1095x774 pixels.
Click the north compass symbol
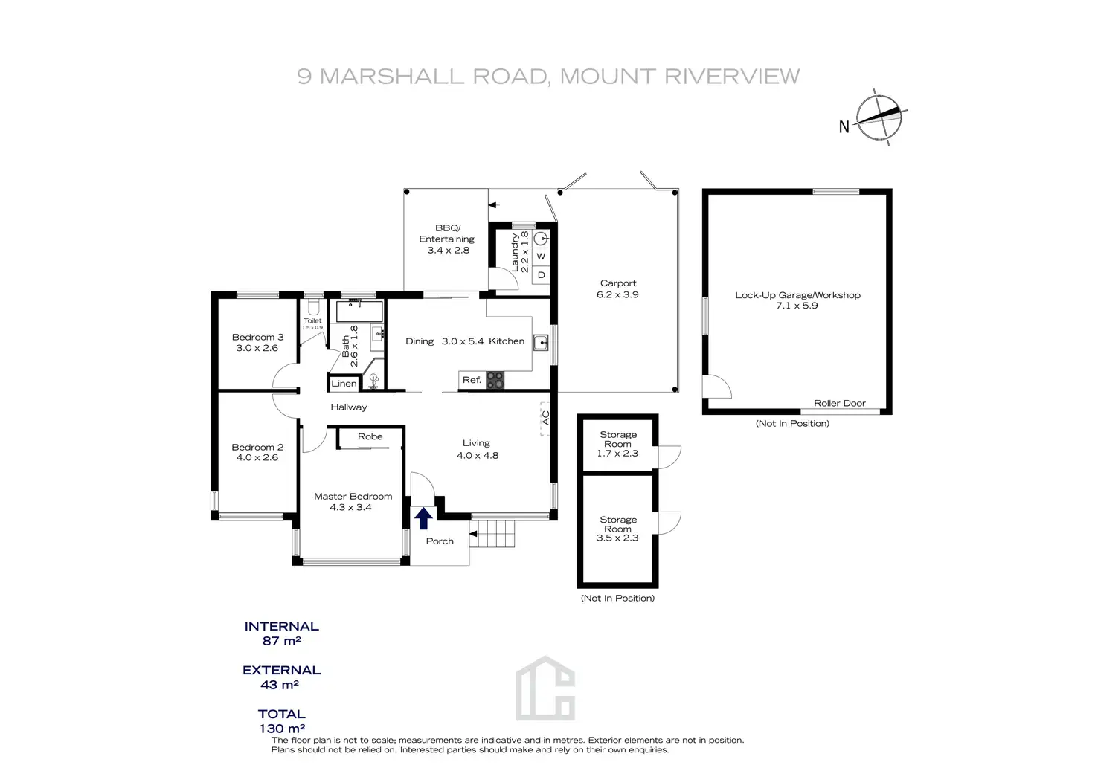point(879,117)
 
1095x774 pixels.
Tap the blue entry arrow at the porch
point(423,518)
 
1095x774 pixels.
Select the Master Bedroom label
point(353,496)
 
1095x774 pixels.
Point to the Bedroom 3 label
point(257,337)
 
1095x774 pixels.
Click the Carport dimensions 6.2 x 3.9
point(617,294)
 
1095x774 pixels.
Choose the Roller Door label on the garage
point(839,403)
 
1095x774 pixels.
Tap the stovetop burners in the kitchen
point(495,380)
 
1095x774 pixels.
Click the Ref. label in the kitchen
point(472,380)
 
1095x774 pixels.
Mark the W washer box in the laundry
point(541,257)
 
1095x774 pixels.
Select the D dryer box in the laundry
point(541,275)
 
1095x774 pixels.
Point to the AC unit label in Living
point(545,419)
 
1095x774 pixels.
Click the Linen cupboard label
point(344,384)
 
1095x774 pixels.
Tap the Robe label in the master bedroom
point(370,436)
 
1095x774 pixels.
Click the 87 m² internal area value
point(281,641)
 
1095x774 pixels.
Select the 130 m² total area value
point(281,729)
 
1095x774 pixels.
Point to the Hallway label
point(349,407)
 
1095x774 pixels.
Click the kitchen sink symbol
point(541,343)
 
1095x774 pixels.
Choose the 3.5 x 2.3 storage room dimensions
point(617,538)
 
